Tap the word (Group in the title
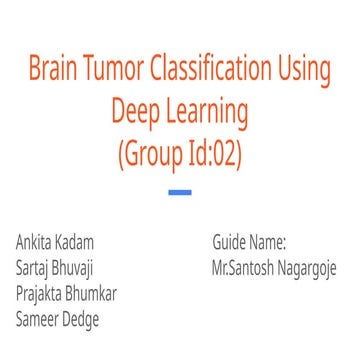tap(151, 154)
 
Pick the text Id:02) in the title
tap(217, 154)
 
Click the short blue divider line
tap(180, 192)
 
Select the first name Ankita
tap(37, 243)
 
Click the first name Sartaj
tap(35, 269)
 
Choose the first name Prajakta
tap(44, 295)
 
